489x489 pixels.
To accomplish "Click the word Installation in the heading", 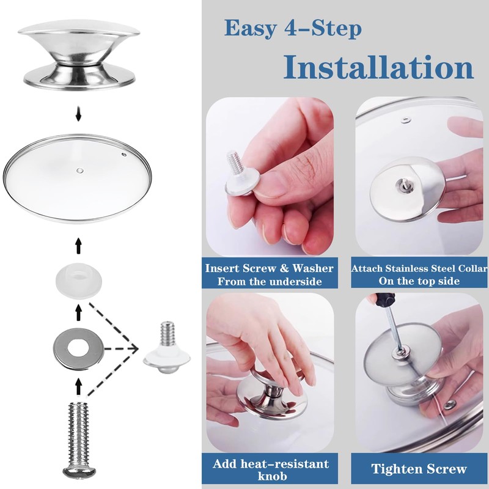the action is click(378, 67).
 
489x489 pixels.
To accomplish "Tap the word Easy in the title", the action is click(250, 28).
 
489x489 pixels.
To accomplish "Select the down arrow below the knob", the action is click(78, 114).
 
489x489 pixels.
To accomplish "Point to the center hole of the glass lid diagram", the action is click(80, 171).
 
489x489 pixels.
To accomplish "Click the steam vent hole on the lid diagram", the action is click(124, 154).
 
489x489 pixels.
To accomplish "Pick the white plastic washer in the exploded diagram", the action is click(79, 278).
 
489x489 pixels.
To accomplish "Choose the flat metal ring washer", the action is click(79, 348).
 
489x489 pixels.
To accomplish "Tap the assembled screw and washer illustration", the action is click(167, 348).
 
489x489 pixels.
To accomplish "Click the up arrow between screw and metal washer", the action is click(78, 386).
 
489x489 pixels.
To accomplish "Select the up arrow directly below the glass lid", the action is click(78, 246).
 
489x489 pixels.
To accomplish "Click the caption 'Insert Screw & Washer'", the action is click(269, 268).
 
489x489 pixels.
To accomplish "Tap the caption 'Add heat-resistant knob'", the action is click(271, 469).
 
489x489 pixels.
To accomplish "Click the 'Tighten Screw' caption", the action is click(419, 469).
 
